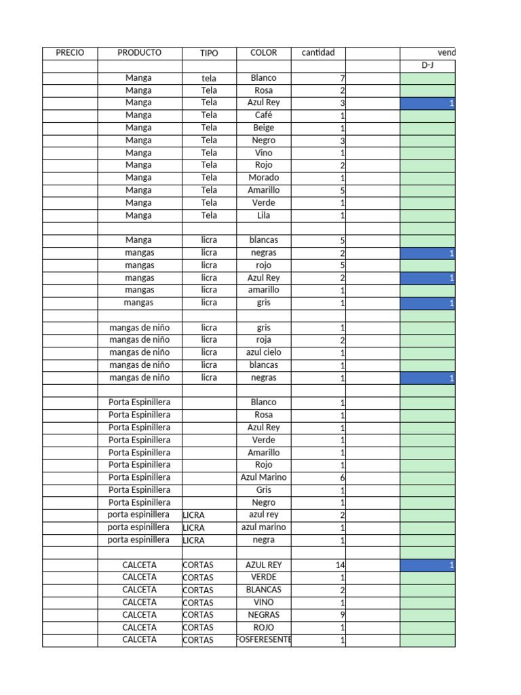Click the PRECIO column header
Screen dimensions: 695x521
[x=70, y=53]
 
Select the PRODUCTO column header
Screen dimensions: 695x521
[x=139, y=53]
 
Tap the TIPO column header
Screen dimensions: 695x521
[x=209, y=53]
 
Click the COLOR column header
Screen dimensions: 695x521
[x=263, y=53]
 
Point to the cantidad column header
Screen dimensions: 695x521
[x=317, y=53]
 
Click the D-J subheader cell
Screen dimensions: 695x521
[x=427, y=66]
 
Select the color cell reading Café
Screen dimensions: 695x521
[x=263, y=115]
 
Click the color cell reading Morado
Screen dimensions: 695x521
[x=263, y=178]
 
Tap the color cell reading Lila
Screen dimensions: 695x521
[x=263, y=215]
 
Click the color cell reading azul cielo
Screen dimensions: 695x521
[x=263, y=353]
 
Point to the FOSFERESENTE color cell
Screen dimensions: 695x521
[x=263, y=640]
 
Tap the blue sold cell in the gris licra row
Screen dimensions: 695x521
[x=427, y=303]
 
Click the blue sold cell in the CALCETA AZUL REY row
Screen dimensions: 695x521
[x=427, y=565]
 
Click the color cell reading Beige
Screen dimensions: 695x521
[x=263, y=128]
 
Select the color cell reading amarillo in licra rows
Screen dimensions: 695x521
[x=263, y=290]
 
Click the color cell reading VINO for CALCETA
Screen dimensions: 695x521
[x=263, y=603]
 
